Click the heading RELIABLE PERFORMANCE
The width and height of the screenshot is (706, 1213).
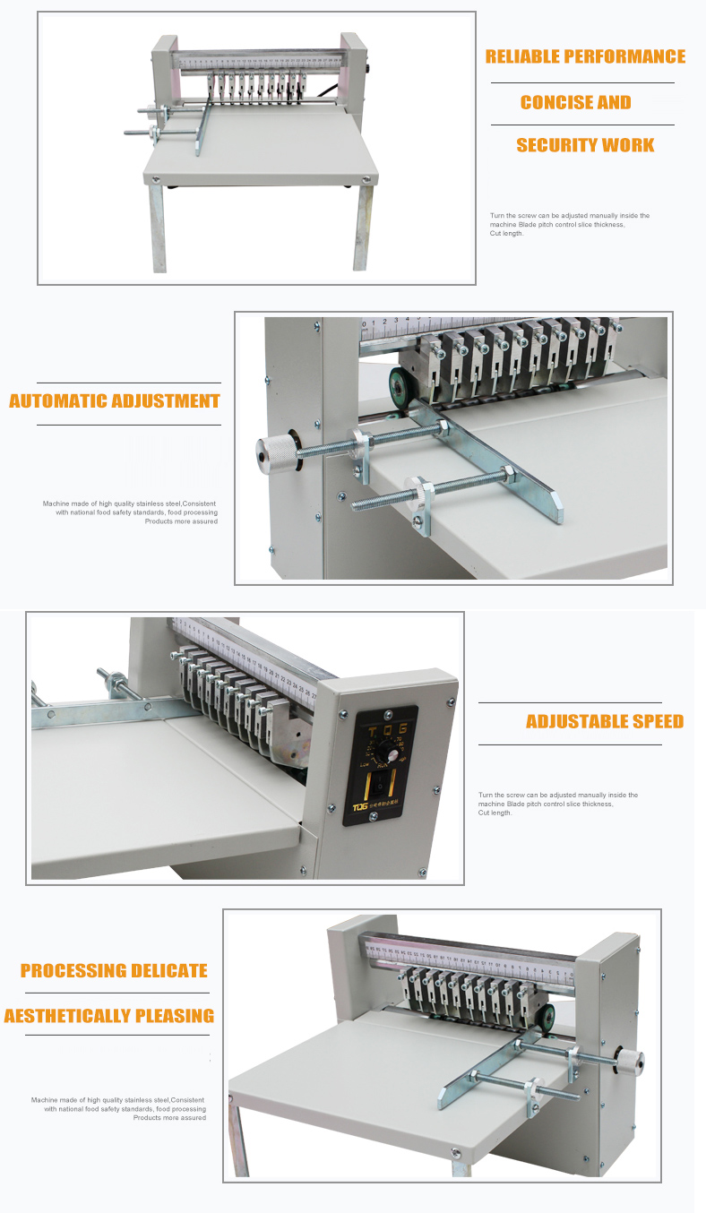tap(585, 56)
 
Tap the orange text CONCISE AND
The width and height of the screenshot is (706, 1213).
tap(575, 102)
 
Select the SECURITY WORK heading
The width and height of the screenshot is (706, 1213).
tap(585, 145)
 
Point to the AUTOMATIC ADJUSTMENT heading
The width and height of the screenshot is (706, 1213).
tap(114, 400)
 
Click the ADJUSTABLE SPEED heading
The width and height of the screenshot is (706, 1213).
tap(604, 721)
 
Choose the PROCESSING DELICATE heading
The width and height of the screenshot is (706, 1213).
tap(114, 970)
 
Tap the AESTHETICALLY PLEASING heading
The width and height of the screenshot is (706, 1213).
tap(108, 1016)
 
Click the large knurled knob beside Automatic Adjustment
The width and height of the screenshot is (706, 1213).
tap(276, 454)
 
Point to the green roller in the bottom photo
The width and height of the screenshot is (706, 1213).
tap(543, 1018)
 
